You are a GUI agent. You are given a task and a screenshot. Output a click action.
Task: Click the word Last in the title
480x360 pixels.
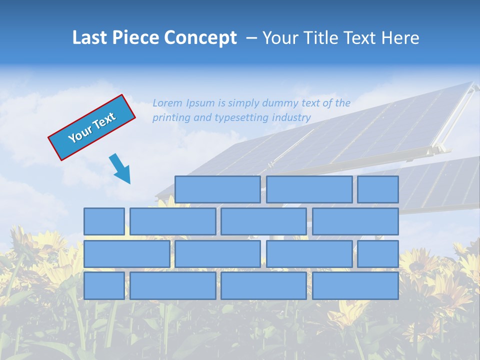click(x=91, y=38)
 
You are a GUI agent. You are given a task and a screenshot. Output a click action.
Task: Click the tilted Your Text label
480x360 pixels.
click(x=91, y=127)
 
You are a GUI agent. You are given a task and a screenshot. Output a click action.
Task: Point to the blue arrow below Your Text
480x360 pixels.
click(x=120, y=168)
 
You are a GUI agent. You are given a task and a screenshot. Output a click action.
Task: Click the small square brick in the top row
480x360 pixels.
click(x=377, y=189)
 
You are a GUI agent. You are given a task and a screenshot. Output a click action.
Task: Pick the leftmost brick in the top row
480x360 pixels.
click(x=217, y=189)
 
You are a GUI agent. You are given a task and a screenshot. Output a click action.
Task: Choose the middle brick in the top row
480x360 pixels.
click(x=309, y=189)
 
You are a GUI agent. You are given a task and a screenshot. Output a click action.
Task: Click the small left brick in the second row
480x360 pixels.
click(x=104, y=221)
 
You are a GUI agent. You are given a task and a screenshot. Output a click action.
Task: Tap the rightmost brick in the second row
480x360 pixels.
click(x=355, y=221)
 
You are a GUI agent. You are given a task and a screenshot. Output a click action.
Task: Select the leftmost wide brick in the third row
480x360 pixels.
click(x=126, y=254)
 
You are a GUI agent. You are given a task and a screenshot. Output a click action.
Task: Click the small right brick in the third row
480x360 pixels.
click(x=377, y=254)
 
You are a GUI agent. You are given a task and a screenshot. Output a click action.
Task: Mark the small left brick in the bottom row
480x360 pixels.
click(x=104, y=285)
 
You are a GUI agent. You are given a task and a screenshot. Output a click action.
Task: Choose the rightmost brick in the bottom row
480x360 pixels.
click(x=355, y=285)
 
